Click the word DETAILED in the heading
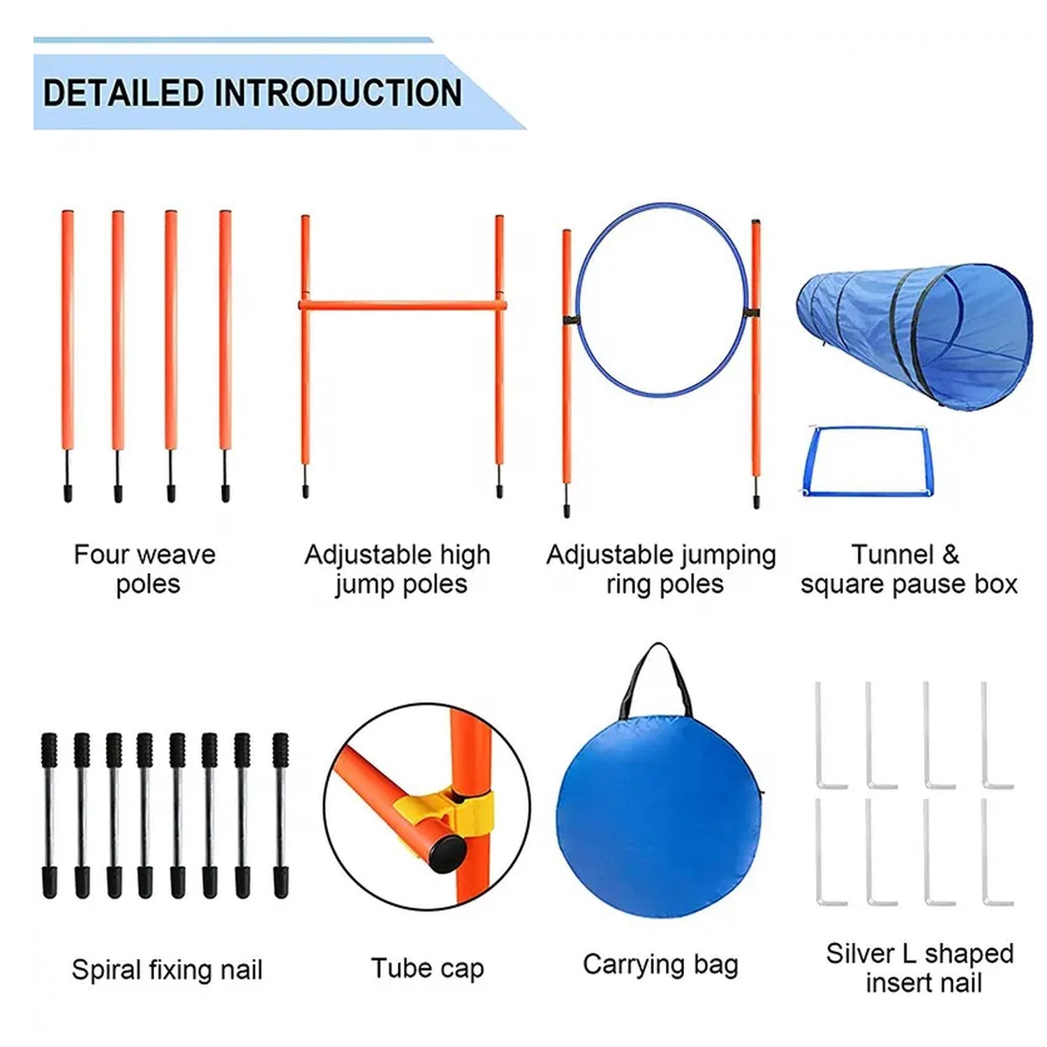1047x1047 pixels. point(124,93)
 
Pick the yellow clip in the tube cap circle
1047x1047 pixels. point(447,810)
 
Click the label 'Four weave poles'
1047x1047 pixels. point(145,569)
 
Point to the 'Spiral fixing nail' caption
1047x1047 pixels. point(168,970)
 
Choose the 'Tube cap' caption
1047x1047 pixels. point(427,969)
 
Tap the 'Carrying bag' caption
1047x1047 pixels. point(660,965)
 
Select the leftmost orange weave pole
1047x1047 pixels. point(68,356)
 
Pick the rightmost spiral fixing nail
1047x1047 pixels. point(281,815)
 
